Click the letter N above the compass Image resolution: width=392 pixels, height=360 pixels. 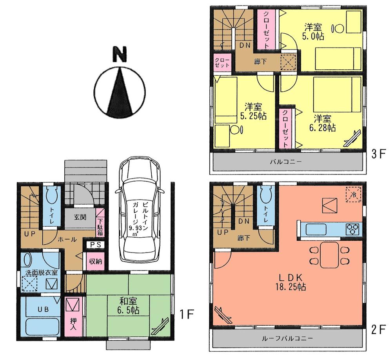(120, 55)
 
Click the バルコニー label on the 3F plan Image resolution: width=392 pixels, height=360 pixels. (288, 162)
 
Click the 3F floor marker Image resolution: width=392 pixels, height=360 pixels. (378, 154)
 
